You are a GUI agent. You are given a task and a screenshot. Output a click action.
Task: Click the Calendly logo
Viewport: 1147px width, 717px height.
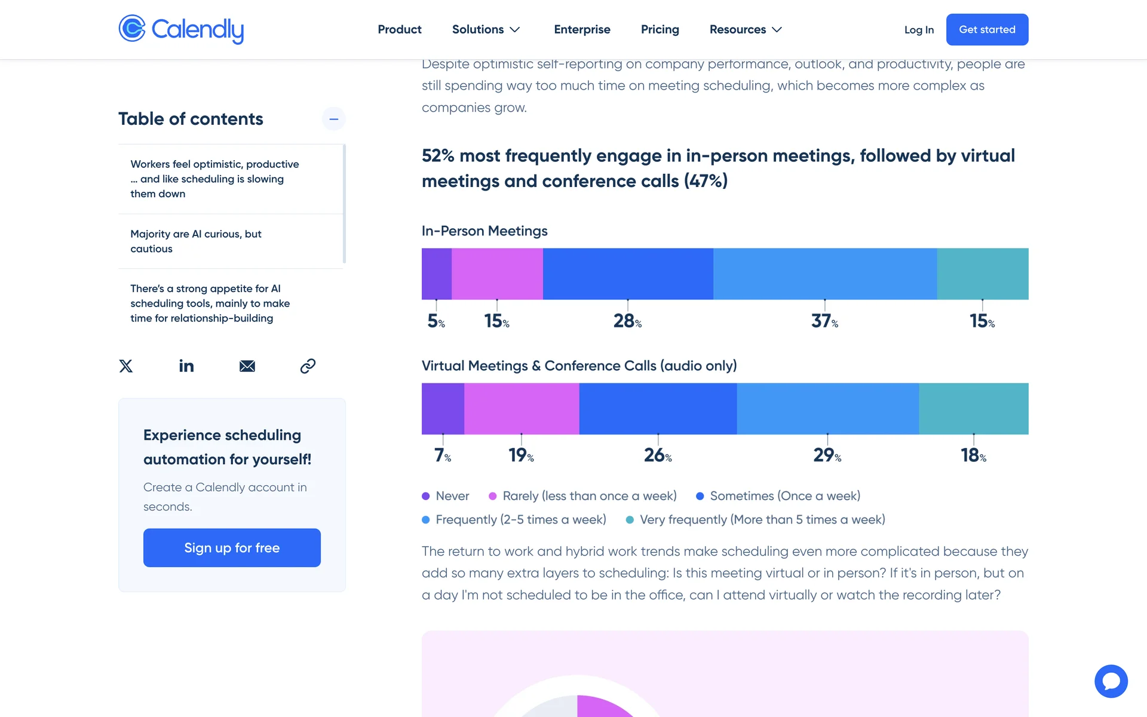(181, 29)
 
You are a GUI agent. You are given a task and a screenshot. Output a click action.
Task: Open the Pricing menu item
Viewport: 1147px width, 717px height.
(660, 29)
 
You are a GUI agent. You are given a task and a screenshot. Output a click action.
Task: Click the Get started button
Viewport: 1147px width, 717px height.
(987, 29)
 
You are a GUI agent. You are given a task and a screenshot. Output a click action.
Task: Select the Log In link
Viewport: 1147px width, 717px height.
(919, 30)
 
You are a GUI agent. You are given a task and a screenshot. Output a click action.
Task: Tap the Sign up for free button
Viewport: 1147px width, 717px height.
(232, 547)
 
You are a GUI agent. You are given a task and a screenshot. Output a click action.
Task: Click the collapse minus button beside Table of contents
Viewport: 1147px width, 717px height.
(333, 119)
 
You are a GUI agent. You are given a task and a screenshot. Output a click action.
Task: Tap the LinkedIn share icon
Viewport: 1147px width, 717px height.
(186, 366)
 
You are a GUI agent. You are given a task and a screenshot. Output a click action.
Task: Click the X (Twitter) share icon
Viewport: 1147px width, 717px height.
(126, 366)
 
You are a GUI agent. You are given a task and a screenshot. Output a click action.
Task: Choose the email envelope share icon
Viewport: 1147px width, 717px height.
(247, 366)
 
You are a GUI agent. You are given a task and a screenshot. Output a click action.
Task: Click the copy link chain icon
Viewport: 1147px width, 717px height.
(308, 366)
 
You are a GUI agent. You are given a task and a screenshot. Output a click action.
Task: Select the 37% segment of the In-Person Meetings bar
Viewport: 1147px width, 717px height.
(824, 274)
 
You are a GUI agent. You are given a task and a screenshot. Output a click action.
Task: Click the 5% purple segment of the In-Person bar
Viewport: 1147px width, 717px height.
(437, 274)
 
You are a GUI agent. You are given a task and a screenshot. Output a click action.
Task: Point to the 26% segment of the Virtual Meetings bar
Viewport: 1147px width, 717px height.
(658, 409)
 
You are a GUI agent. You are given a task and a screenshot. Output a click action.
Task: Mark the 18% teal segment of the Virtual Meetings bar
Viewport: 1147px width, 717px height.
(973, 409)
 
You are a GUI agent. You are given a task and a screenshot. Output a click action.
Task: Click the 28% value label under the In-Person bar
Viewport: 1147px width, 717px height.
(627, 321)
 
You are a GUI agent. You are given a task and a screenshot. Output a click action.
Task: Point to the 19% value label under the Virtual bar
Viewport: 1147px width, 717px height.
(521, 456)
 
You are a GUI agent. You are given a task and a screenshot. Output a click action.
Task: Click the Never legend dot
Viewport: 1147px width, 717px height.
(426, 496)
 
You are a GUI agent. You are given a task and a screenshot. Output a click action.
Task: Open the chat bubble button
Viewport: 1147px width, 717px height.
(1111, 681)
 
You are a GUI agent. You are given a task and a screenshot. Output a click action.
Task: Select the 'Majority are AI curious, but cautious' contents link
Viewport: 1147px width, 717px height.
(196, 241)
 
